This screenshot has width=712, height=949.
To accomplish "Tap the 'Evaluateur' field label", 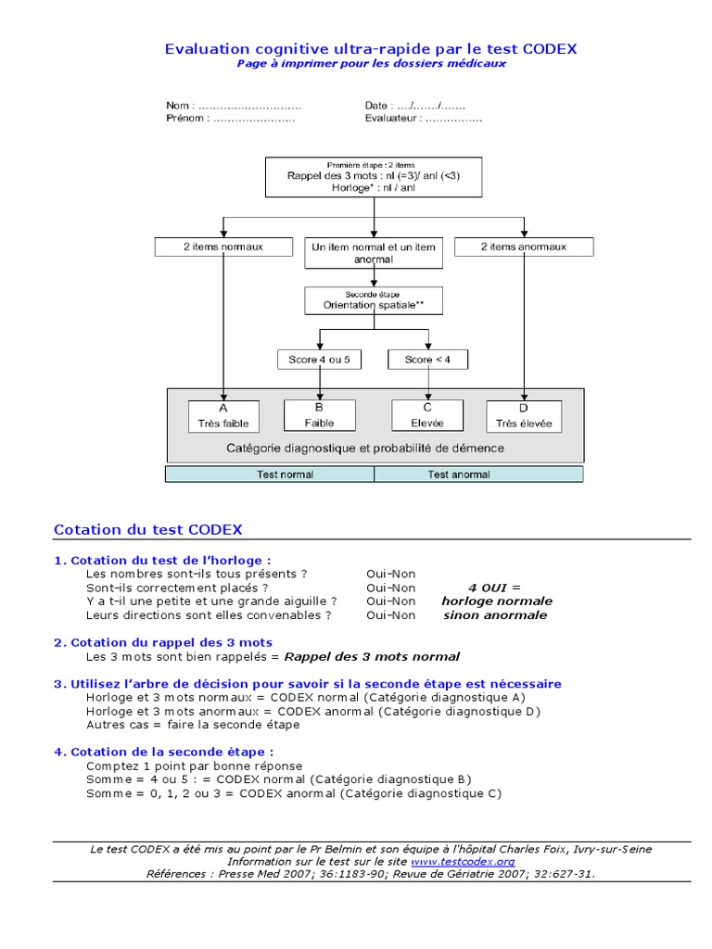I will [392, 119].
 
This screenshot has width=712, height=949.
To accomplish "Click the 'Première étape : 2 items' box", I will [374, 175].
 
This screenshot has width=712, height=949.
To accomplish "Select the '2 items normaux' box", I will [222, 247].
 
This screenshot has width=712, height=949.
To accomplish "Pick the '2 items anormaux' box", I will [524, 247].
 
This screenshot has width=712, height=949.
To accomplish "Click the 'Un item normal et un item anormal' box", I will [374, 253].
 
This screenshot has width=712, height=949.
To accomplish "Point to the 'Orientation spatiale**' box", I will [374, 299].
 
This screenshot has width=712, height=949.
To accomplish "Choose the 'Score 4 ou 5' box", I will [320, 360].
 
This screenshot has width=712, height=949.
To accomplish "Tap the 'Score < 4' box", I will [428, 360].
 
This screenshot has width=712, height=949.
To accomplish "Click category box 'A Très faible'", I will [222, 415].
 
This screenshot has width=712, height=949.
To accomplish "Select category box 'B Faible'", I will [320, 415].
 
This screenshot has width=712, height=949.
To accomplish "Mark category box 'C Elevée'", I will [428, 415].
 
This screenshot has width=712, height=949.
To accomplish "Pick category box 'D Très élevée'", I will [524, 415].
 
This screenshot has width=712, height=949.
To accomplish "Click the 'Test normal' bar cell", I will [270, 474].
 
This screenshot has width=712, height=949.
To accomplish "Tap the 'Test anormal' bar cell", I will [478, 474].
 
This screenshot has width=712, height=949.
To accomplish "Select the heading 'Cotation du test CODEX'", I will [148, 530].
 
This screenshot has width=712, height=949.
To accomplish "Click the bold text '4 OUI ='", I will [495, 587].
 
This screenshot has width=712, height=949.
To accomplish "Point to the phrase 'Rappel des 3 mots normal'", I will [371, 656].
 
